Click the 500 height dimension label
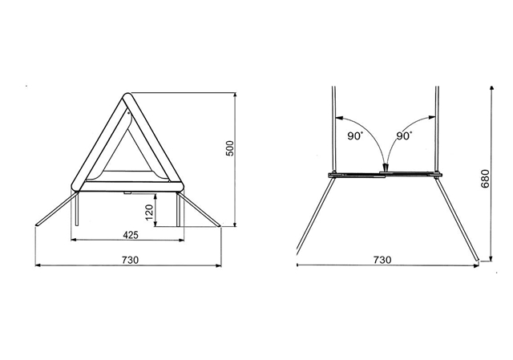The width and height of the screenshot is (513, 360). [230, 148]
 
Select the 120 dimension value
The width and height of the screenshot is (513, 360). [149, 212]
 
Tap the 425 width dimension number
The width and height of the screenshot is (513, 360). [131, 235]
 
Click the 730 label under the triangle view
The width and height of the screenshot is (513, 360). [130, 260]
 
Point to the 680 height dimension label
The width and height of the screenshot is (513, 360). [486, 179]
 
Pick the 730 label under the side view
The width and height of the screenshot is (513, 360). [382, 260]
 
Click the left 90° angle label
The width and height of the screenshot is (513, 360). [355, 136]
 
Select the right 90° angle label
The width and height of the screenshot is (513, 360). [404, 136]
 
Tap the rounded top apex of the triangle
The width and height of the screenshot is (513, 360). [127, 96]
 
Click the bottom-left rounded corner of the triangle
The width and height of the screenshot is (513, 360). [75, 187]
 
